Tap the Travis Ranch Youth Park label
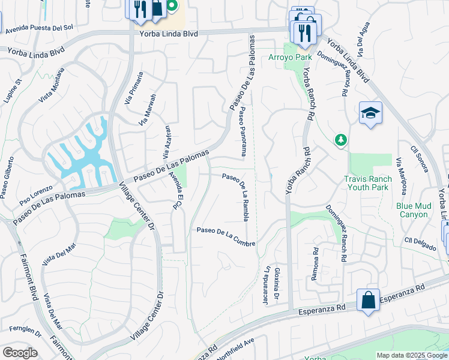375,183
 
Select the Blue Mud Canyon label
414,210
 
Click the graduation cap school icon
370,113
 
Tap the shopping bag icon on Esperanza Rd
367,300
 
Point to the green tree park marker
341,140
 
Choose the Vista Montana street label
50,87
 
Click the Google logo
19,352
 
